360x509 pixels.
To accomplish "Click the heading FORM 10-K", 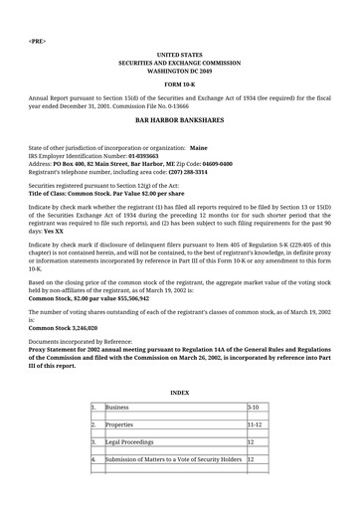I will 179,85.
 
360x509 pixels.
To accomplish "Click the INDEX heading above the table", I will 179,393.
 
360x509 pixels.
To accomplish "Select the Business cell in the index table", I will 116,409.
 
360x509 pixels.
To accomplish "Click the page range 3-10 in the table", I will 255,409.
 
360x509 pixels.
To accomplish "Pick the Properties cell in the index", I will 120,424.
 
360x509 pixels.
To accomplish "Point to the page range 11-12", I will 256,424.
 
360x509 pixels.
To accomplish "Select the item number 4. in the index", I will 93,459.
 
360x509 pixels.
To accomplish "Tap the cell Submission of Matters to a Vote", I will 173,459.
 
